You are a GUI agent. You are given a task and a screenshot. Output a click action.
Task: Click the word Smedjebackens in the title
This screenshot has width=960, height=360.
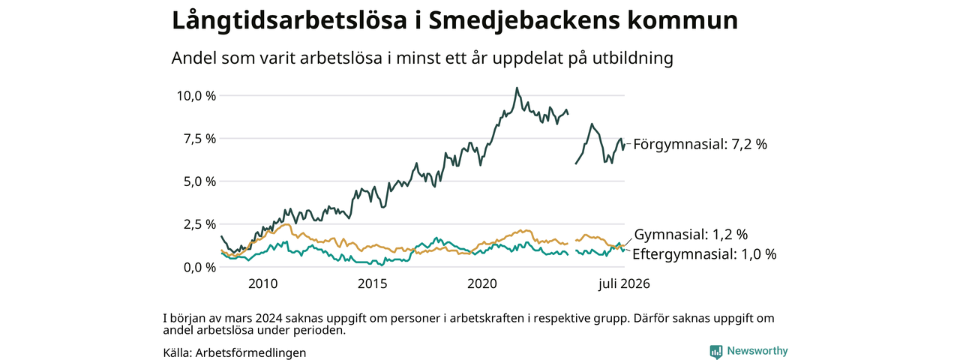pyautogui.click(x=524, y=21)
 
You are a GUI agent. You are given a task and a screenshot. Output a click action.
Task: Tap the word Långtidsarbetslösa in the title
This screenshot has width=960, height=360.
pyautogui.click(x=289, y=20)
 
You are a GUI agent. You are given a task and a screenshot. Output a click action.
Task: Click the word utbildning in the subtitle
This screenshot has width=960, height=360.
pyautogui.click(x=633, y=58)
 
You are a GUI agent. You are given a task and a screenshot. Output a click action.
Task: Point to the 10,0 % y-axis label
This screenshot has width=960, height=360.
pyautogui.click(x=196, y=95)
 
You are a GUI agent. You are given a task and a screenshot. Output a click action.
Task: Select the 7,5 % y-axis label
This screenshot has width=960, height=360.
pyautogui.click(x=200, y=139)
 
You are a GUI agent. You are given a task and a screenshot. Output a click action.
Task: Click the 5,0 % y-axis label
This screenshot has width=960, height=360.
pyautogui.click(x=200, y=181)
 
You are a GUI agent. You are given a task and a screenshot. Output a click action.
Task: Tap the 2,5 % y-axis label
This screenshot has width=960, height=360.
pyautogui.click(x=200, y=224)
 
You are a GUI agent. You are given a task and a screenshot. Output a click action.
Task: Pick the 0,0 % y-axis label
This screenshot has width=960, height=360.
pyautogui.click(x=200, y=268)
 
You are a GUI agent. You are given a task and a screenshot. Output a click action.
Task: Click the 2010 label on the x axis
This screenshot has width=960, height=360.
pyautogui.click(x=263, y=283)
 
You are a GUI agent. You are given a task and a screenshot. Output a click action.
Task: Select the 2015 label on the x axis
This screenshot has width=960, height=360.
pyautogui.click(x=373, y=283)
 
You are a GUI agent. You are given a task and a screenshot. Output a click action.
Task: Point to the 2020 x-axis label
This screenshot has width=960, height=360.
pyautogui.click(x=482, y=283)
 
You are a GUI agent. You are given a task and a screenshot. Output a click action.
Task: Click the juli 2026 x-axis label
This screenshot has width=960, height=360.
pyautogui.click(x=625, y=283)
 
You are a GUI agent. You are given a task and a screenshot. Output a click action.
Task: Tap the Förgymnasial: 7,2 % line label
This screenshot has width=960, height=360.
pyautogui.click(x=700, y=145)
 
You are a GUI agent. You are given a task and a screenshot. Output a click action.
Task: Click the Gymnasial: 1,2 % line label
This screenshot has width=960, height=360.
pyautogui.click(x=691, y=235)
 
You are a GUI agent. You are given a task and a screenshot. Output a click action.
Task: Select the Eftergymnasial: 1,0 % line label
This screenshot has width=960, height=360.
pyautogui.click(x=704, y=254)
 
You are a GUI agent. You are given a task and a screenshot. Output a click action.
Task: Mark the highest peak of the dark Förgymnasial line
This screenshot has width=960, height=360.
pyautogui.click(x=517, y=88)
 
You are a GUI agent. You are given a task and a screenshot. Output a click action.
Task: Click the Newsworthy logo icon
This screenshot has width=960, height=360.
pyautogui.click(x=716, y=352)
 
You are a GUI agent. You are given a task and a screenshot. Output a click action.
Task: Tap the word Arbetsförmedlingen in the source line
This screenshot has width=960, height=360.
pyautogui.click(x=250, y=352)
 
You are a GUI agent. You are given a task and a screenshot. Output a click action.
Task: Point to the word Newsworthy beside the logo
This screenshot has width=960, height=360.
pyautogui.click(x=757, y=351)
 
